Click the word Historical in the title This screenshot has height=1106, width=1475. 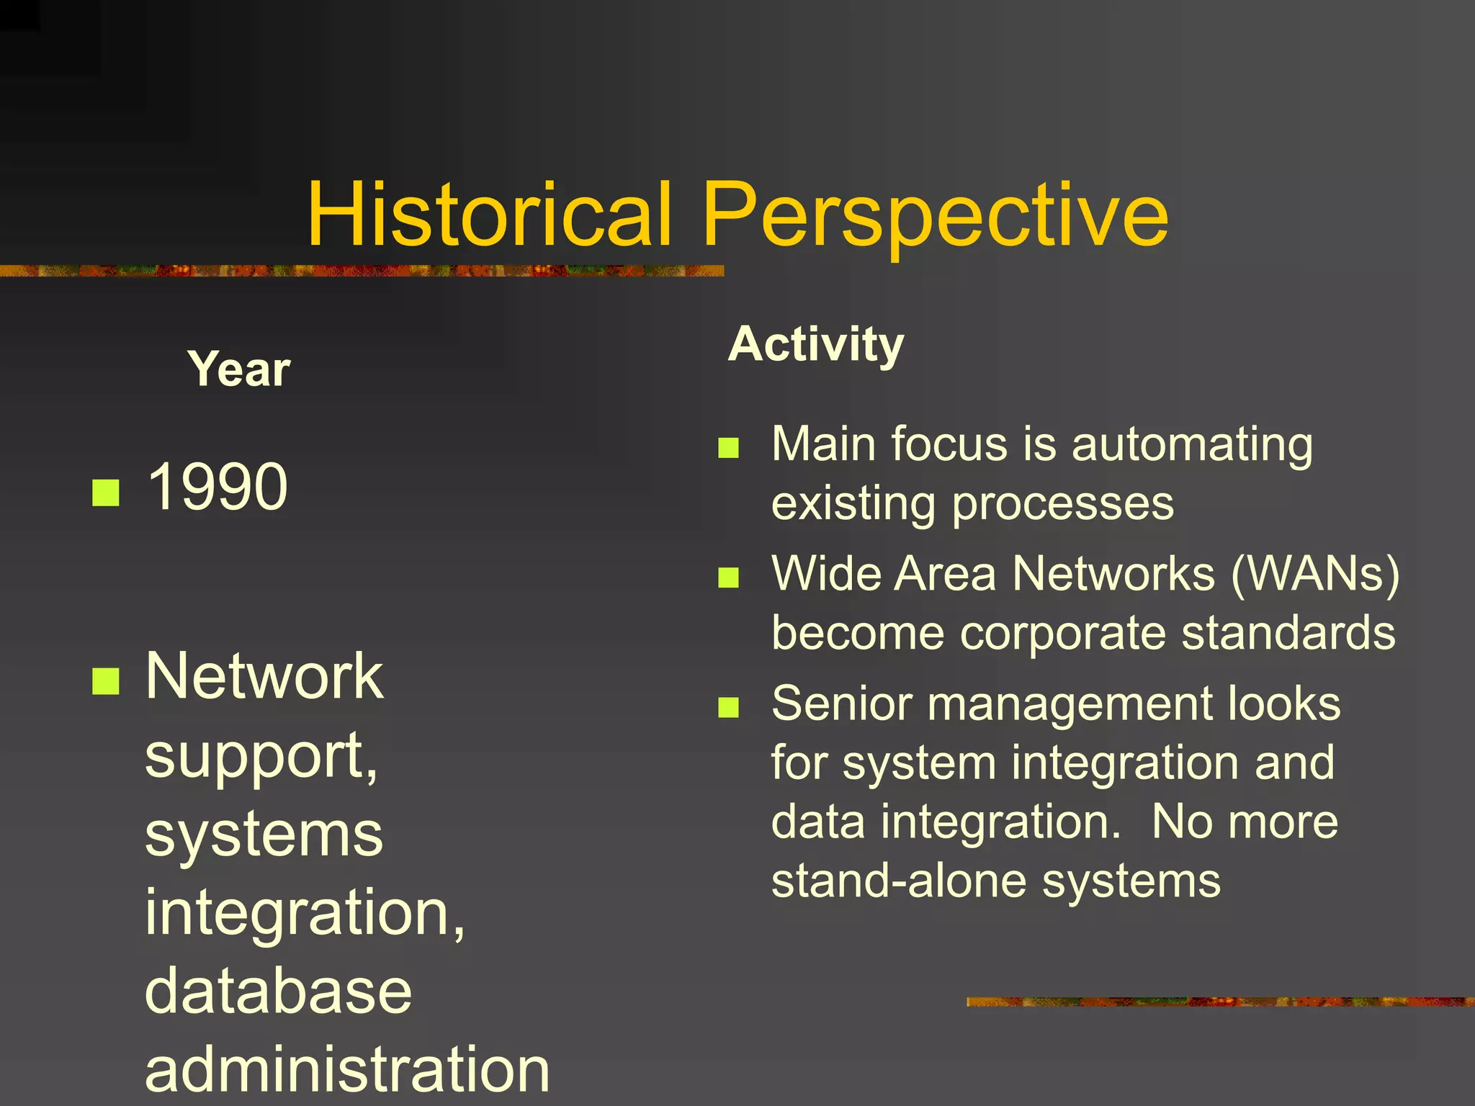490,214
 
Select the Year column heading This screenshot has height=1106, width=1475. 239,369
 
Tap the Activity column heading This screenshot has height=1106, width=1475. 815,345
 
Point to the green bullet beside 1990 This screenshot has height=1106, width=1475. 106,493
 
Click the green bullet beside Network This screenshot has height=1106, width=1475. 106,680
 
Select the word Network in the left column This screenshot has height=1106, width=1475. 264,676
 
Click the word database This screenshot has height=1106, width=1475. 278,991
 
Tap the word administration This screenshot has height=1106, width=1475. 347,1069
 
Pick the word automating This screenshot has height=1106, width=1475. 1192,444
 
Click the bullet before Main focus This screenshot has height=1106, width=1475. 728,448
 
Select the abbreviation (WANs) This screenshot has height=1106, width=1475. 1315,574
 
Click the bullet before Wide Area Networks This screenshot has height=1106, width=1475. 728,577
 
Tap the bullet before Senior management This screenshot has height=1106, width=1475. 728,707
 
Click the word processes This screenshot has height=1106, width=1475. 1063,504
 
